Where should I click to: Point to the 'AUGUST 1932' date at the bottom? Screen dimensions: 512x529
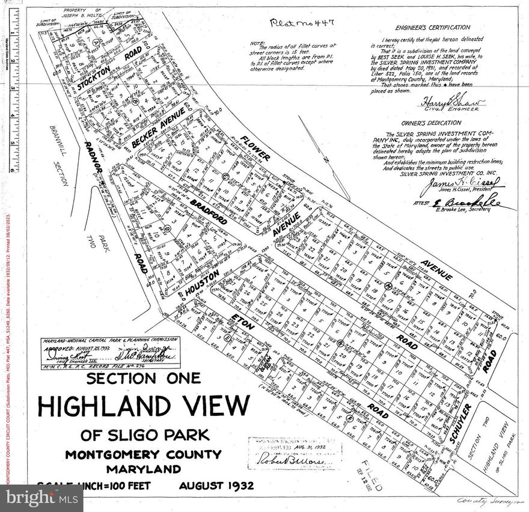[216, 485]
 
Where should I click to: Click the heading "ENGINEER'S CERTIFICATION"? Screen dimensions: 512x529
[432, 28]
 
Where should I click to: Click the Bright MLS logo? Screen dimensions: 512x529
[42, 498]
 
